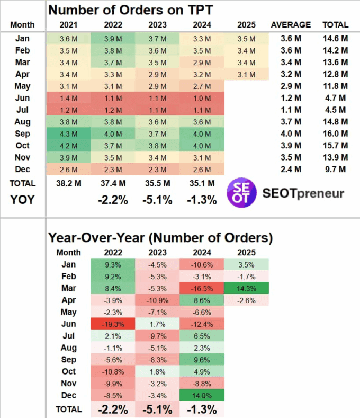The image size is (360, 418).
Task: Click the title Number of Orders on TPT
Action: (x=131, y=9)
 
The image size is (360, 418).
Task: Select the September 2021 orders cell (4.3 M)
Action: (x=68, y=134)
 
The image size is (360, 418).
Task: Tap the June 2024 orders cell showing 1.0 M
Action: (x=202, y=98)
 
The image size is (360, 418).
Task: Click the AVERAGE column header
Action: (x=291, y=24)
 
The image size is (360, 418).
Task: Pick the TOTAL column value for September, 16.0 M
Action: (x=335, y=134)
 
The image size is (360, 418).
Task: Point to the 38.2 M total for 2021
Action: (x=68, y=183)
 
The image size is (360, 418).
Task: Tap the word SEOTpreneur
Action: (x=303, y=193)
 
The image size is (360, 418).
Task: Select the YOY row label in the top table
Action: (x=23, y=200)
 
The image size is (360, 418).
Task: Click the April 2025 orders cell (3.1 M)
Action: (x=246, y=74)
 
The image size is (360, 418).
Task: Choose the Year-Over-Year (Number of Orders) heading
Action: (x=160, y=237)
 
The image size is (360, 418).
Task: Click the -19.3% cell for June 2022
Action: (x=113, y=324)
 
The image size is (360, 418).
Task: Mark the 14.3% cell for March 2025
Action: (x=246, y=288)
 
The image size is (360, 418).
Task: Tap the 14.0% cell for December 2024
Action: (x=202, y=395)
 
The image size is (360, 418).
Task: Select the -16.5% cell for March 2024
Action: (x=202, y=288)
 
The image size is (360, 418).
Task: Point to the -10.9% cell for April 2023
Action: (x=157, y=300)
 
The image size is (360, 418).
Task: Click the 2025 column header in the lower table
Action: (x=246, y=252)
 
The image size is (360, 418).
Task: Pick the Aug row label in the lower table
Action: (x=69, y=348)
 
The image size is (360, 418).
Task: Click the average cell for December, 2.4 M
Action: (x=291, y=170)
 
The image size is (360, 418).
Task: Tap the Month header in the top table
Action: (x=22, y=24)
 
